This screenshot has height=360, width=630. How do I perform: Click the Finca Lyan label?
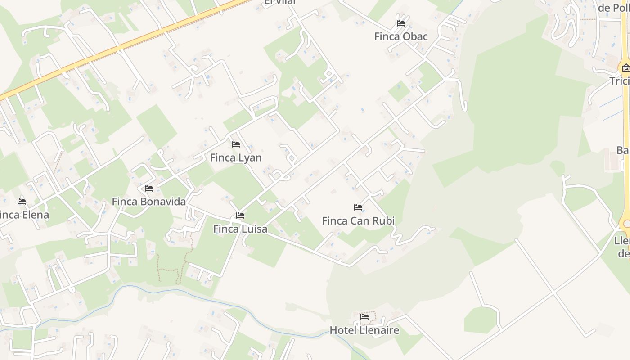click(x=236, y=157)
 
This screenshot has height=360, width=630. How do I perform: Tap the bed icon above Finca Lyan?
click(x=236, y=144)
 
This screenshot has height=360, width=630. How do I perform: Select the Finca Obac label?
click(x=401, y=36)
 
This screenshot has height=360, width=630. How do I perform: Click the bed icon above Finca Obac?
click(x=401, y=23)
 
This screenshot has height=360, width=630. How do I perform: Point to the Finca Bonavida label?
click(x=149, y=202)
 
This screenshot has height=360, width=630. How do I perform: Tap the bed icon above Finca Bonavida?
click(x=149, y=189)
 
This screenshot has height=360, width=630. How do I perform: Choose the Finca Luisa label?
click(x=240, y=229)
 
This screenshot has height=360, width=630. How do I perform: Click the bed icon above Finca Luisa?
click(x=240, y=216)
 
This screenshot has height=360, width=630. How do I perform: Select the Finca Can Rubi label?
click(x=358, y=220)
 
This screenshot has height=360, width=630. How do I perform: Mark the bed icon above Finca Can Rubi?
click(x=358, y=207)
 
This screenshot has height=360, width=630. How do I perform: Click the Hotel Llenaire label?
click(x=364, y=330)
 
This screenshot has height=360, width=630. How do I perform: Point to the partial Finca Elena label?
click(x=24, y=215)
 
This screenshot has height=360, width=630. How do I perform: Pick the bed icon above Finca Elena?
click(x=22, y=202)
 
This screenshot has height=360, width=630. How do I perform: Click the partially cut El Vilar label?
click(x=280, y=3)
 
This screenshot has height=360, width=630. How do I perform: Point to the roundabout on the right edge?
click(x=626, y=224)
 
